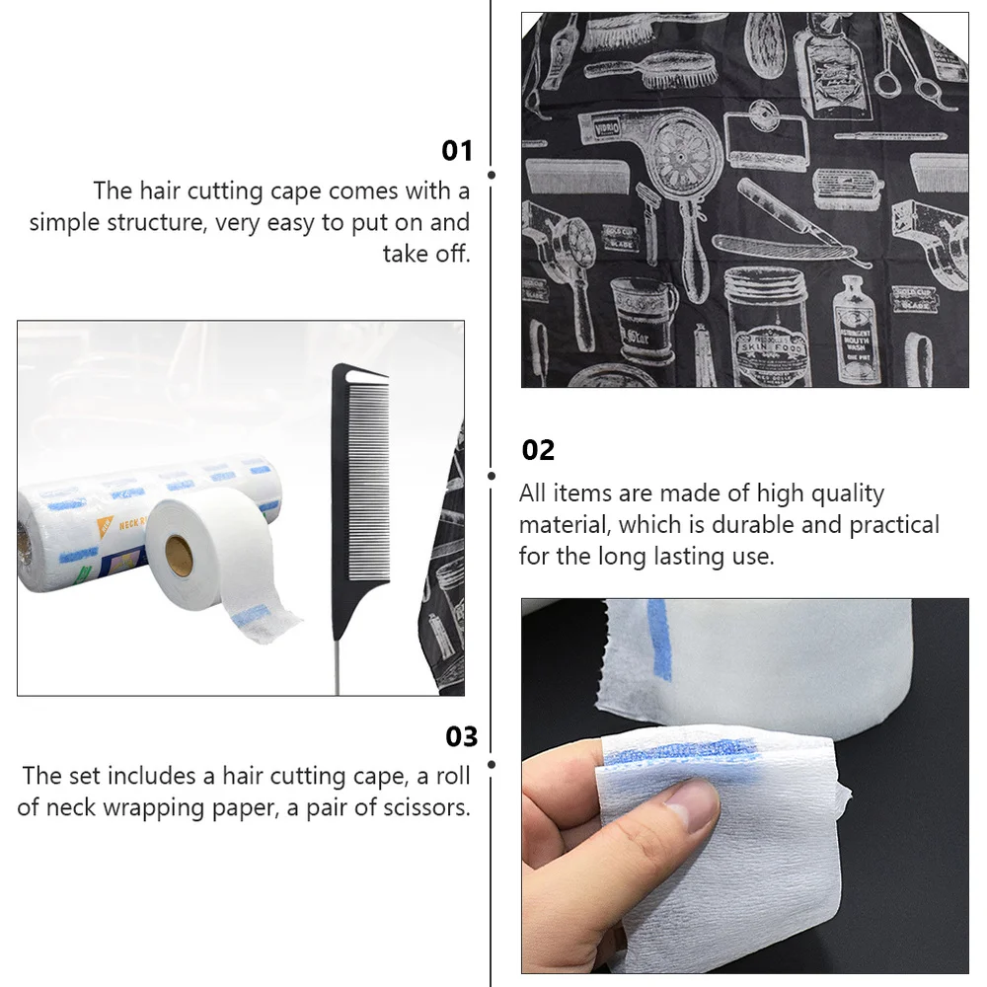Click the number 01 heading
[x=457, y=151]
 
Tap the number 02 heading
[x=538, y=450]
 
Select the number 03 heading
[x=461, y=736]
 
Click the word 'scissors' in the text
[x=422, y=807]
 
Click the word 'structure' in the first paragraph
[x=146, y=222]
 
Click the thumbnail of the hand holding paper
[x=745, y=785]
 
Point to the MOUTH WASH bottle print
[x=855, y=331]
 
